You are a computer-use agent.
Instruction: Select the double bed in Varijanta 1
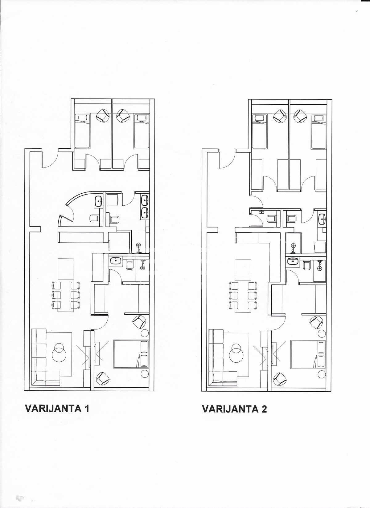(x=131, y=354)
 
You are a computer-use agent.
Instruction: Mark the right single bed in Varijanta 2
(x=319, y=131)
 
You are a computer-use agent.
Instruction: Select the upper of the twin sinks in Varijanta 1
(x=145, y=201)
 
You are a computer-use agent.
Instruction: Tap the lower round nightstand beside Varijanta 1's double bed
(x=144, y=374)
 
